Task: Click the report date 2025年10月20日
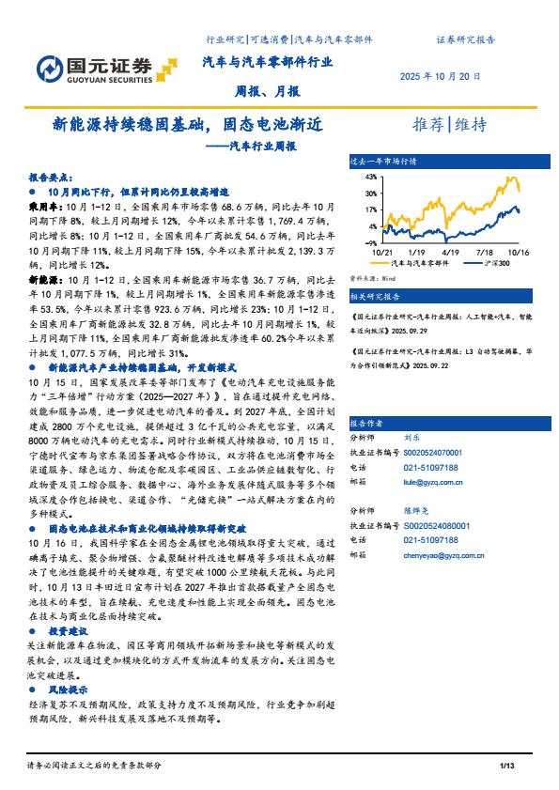(x=441, y=76)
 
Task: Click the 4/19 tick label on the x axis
(x=449, y=253)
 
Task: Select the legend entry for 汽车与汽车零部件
(x=420, y=264)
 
